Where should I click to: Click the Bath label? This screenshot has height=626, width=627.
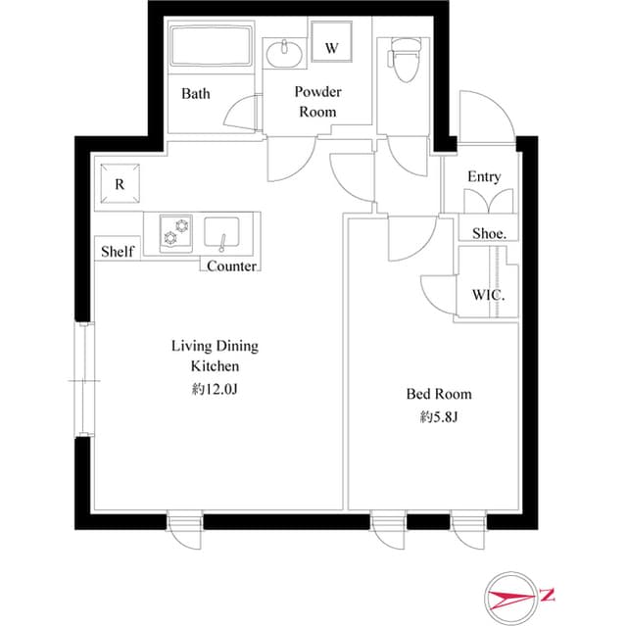[196, 95]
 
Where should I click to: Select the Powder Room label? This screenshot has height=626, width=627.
[317, 102]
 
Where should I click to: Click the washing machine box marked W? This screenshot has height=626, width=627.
[331, 47]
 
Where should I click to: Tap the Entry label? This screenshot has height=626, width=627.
[484, 177]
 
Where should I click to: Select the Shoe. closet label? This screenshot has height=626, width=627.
[489, 233]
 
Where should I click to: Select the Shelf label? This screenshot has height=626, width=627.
[117, 252]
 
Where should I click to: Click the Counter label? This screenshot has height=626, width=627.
[232, 266]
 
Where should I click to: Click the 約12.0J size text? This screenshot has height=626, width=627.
[215, 389]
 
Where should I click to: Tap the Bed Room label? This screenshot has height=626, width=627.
[439, 394]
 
